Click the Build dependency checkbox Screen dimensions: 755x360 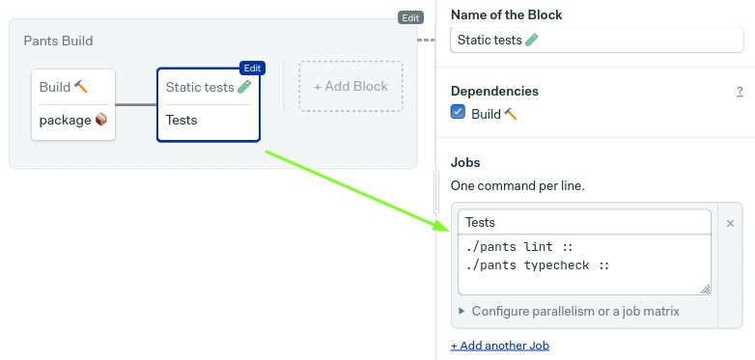458,112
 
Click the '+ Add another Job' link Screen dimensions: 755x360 500,346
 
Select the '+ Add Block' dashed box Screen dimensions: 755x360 350,87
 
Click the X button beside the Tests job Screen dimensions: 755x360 730,223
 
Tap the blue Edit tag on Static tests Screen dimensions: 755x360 252,69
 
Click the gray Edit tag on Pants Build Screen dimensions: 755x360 410,17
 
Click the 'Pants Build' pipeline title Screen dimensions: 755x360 58,41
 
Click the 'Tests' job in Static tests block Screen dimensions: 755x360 182,120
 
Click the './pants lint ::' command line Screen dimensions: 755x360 518,247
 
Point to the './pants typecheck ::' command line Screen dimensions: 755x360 538,265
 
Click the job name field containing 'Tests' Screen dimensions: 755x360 584,222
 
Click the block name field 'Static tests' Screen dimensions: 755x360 597,40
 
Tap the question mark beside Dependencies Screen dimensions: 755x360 740,92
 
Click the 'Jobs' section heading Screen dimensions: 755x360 465,162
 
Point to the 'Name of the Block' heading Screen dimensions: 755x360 507,14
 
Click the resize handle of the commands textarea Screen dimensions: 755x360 705,289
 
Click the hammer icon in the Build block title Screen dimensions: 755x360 81,87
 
